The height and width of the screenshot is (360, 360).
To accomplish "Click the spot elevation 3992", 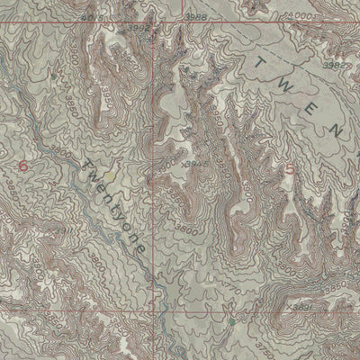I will pyautogui.click(x=138, y=28).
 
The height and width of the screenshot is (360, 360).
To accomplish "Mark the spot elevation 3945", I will pyautogui.click(x=192, y=164).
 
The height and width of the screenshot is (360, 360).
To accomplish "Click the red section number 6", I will pyautogui.click(x=22, y=166).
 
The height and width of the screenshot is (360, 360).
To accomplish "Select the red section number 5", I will pyautogui.click(x=290, y=168).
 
